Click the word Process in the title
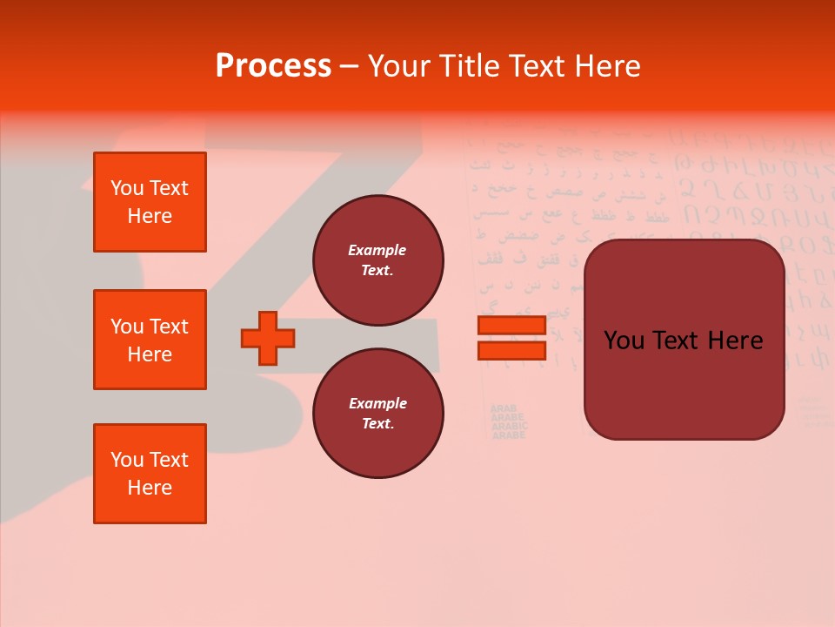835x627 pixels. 273,65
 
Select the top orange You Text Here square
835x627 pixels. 150,202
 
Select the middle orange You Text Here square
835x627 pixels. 150,340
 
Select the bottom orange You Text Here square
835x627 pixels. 150,474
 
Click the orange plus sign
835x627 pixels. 268,338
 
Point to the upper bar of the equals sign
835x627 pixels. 512,326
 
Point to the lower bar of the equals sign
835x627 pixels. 512,350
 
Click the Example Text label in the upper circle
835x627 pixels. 377,260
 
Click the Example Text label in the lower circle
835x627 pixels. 377,413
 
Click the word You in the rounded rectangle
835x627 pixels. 625,340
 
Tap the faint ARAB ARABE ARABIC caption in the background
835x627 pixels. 508,421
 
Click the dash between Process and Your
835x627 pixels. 348,66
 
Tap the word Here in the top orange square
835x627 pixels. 150,216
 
